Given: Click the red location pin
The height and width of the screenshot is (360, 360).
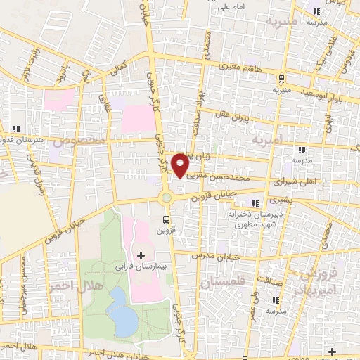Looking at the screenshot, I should [181, 165].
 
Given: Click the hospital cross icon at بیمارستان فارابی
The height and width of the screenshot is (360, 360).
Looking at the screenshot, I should [141, 255].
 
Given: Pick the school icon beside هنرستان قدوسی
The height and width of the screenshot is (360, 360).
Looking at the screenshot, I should [16, 129].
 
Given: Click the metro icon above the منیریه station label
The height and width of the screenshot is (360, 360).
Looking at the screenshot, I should [281, 79].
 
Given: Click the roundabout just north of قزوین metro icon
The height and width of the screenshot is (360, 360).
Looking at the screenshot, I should [167, 198].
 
